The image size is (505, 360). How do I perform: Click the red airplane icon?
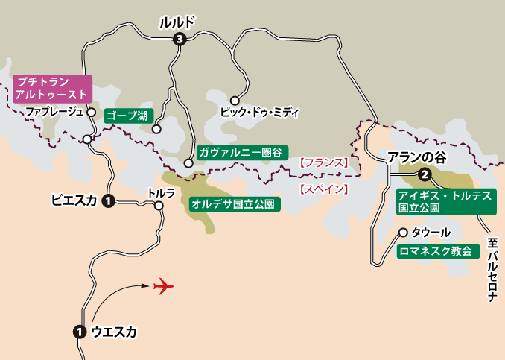(x=163, y=286)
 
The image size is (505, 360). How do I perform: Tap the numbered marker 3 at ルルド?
(x=179, y=40)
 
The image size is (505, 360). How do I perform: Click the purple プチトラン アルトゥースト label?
(x=51, y=89)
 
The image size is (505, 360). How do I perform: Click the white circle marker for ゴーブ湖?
(x=156, y=129)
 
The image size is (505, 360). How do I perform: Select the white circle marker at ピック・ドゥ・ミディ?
(x=235, y=100)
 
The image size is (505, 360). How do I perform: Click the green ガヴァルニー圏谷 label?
(x=241, y=152)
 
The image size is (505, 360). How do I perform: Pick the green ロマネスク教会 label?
(x=435, y=251)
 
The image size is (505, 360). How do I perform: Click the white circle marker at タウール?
(x=403, y=232)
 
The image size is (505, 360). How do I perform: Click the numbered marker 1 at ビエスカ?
(x=108, y=200)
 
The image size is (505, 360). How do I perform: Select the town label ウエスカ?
(x=113, y=332)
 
